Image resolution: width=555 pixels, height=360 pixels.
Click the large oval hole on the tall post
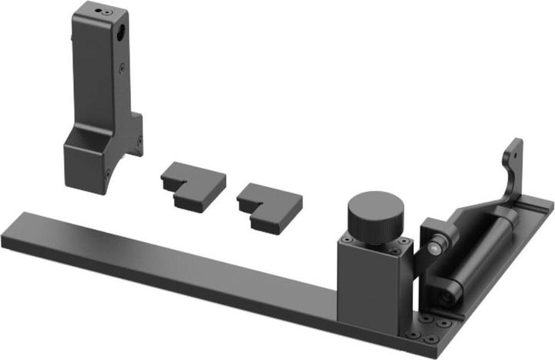[x=122, y=34]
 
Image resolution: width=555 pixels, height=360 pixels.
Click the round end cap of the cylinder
[x=447, y=292]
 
